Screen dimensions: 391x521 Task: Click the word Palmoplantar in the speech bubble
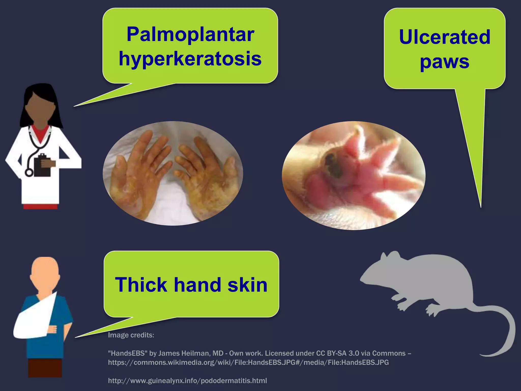(190, 34)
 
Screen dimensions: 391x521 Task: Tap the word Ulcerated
(444, 37)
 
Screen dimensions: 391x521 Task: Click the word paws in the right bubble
(444, 62)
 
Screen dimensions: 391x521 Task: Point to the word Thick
(141, 285)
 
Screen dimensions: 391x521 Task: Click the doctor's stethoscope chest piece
(29, 173)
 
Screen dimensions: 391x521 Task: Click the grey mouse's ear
(394, 256)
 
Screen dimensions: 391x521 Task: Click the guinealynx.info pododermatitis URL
(187, 381)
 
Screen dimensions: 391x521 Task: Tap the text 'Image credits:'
(131, 335)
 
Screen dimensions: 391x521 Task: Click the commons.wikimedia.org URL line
(248, 362)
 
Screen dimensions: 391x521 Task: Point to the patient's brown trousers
(45, 368)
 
